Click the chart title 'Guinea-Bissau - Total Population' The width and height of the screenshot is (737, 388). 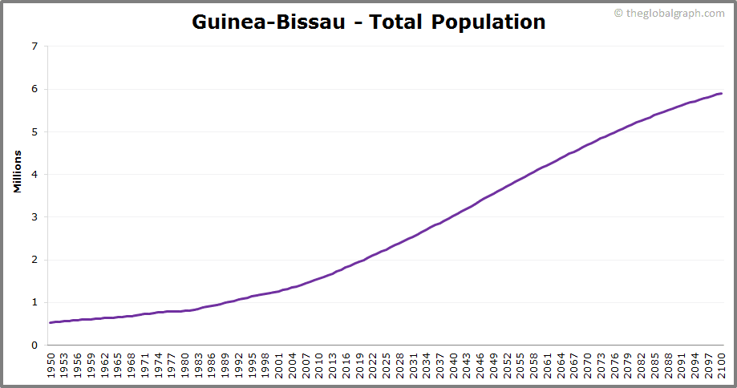(368, 22)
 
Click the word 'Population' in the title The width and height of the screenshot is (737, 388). (488, 22)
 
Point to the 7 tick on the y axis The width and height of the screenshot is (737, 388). (34, 46)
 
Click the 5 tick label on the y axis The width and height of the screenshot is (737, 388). (34, 131)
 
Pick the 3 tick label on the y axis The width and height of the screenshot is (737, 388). (34, 217)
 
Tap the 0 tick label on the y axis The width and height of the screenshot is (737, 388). (34, 346)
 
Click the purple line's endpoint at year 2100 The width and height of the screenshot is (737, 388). (721, 94)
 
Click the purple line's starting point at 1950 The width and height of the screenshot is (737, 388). (51, 322)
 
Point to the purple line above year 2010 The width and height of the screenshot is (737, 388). (319, 278)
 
